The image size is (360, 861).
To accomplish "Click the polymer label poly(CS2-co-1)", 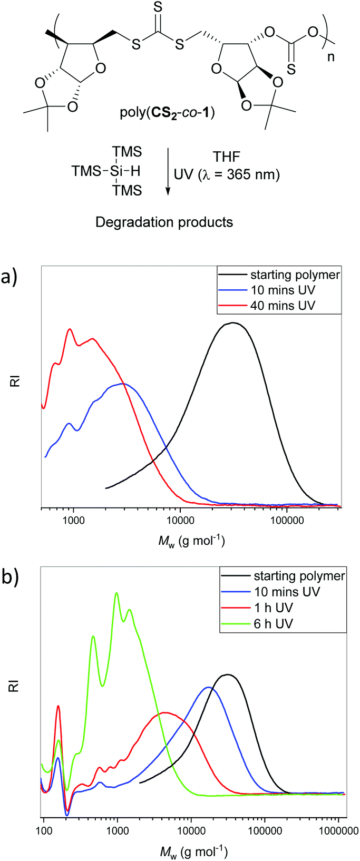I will [167, 112].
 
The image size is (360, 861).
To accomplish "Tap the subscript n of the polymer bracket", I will [331, 56].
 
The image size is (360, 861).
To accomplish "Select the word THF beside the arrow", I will [226, 156].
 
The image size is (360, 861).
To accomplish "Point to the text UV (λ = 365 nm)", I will [227, 174].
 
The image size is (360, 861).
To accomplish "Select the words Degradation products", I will [164, 222].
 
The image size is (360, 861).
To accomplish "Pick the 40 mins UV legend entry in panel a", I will [282, 305].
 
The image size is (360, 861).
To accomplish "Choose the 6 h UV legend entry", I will [273, 623].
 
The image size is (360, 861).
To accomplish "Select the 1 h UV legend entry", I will [273, 608].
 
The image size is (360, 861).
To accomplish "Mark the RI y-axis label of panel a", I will [15, 380].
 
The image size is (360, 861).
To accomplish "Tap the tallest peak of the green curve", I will [116, 593].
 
